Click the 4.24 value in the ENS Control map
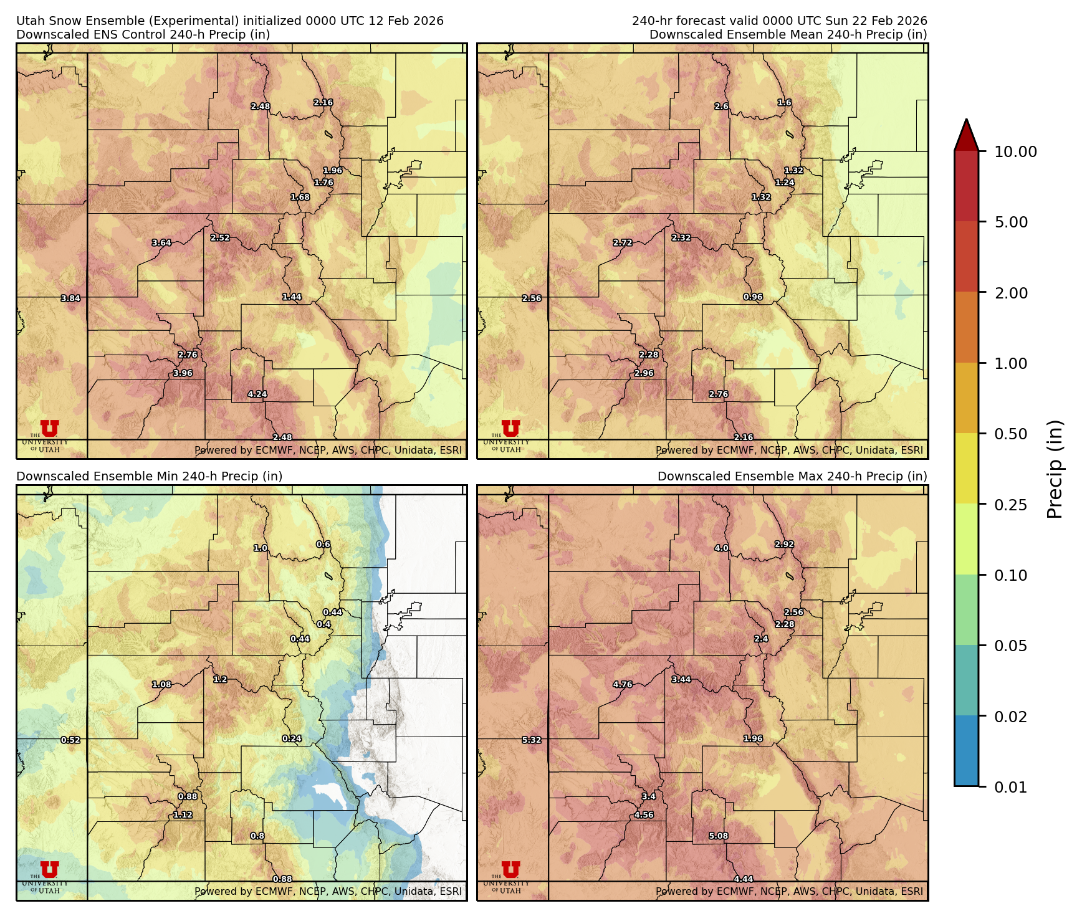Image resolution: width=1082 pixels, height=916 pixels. click(257, 394)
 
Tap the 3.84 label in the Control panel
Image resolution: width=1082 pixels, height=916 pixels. click(70, 298)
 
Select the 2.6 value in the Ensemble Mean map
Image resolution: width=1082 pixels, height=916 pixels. click(721, 107)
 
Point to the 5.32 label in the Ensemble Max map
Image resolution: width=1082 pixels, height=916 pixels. click(532, 740)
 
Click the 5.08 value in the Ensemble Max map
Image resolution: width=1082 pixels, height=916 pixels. click(719, 836)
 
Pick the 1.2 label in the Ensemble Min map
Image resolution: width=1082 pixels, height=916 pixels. click(220, 679)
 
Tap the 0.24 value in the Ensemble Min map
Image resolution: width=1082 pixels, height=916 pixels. click(292, 739)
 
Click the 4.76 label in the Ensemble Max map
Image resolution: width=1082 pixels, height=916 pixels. click(623, 684)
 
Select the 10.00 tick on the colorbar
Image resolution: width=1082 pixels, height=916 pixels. click(1015, 151)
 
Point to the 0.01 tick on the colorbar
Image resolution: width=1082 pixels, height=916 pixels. click(1010, 787)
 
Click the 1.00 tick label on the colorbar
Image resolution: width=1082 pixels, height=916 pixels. click(1010, 363)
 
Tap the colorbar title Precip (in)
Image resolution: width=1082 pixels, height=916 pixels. click(1055, 469)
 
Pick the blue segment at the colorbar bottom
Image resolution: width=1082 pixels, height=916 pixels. click(966, 751)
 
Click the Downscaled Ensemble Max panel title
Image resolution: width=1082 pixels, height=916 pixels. click(792, 476)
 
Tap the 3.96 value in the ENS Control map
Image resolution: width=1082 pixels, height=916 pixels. click(183, 373)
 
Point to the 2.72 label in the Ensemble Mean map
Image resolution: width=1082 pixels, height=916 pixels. click(623, 243)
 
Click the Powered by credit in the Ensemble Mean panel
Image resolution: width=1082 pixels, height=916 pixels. click(789, 450)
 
